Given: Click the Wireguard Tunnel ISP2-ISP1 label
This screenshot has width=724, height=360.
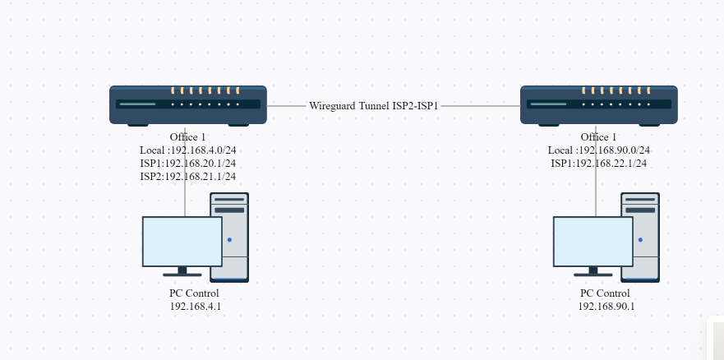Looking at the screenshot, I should [x=374, y=106].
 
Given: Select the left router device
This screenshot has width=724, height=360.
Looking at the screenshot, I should [x=188, y=104].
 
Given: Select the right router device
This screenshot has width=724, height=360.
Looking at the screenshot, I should [x=599, y=104].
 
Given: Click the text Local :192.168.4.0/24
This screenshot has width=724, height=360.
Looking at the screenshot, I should [x=188, y=150].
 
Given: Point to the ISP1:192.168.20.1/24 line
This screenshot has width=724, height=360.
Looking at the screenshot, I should [x=188, y=164].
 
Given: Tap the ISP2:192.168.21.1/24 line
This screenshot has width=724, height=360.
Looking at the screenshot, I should [x=188, y=176].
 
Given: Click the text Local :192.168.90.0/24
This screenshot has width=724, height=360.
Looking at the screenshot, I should [x=599, y=150].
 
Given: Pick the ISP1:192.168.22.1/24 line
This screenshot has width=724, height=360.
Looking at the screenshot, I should [x=599, y=164].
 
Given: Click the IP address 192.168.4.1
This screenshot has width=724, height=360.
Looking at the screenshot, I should [x=196, y=306].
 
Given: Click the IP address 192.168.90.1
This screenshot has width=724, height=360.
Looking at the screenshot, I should [x=606, y=306].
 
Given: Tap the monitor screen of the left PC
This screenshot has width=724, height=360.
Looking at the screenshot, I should [x=182, y=241].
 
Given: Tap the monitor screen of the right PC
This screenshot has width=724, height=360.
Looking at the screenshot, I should [x=593, y=241].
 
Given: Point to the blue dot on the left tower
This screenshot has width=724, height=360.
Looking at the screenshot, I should [x=230, y=240].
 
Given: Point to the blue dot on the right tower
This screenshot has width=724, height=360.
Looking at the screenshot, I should [x=641, y=240].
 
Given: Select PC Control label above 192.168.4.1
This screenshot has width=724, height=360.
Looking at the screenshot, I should [x=195, y=293].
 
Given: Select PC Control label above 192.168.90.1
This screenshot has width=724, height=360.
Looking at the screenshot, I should [x=606, y=293].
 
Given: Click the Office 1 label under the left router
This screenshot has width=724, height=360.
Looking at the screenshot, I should [x=188, y=137].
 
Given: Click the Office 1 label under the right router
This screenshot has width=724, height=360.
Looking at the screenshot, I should [x=599, y=137].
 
